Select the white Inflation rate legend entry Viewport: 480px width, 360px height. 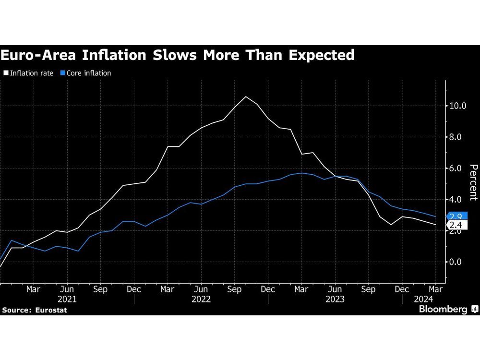click(x=29, y=73)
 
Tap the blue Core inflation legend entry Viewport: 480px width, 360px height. click(x=86, y=73)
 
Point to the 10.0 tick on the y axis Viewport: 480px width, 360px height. click(x=457, y=106)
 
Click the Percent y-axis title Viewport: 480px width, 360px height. click(x=473, y=182)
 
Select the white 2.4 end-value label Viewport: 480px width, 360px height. click(x=456, y=225)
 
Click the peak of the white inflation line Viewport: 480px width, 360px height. click(x=246, y=97)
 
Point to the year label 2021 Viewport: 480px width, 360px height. click(x=67, y=299)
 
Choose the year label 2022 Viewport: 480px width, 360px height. click(x=201, y=299)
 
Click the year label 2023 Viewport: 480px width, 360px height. click(x=335, y=299)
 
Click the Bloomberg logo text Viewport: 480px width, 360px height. click(x=443, y=310)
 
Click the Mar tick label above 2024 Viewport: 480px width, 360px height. click(x=435, y=290)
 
